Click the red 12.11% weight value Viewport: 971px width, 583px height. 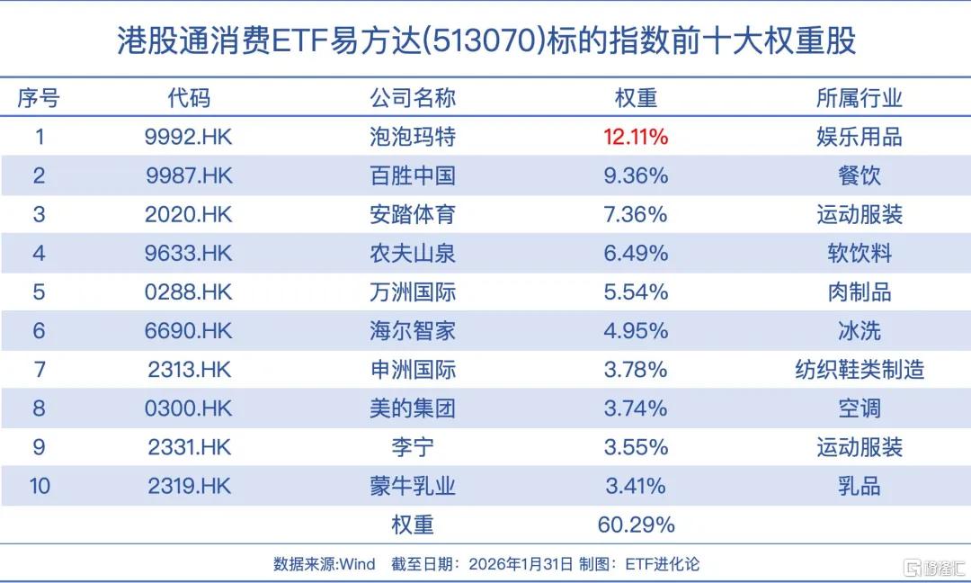tap(636, 137)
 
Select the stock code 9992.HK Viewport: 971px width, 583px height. tap(188, 137)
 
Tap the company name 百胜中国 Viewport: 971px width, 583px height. tap(413, 175)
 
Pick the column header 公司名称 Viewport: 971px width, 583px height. tap(413, 97)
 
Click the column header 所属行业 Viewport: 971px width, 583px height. tap(859, 97)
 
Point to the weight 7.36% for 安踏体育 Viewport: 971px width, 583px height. tap(636, 214)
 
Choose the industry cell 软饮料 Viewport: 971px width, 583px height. tap(859, 253)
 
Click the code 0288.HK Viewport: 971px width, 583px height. tap(188, 291)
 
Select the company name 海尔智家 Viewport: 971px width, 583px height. tap(413, 330)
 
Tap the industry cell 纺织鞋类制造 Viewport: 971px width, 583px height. tap(859, 369)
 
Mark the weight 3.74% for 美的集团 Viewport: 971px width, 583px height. tap(636, 408)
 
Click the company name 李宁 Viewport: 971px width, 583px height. tap(413, 447)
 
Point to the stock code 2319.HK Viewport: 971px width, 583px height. tap(188, 487)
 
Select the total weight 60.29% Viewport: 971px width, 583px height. tap(636, 525)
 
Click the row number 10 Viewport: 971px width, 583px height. tap(40, 487)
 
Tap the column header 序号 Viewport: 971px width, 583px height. tap(40, 97)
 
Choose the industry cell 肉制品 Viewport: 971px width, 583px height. tap(859, 291)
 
